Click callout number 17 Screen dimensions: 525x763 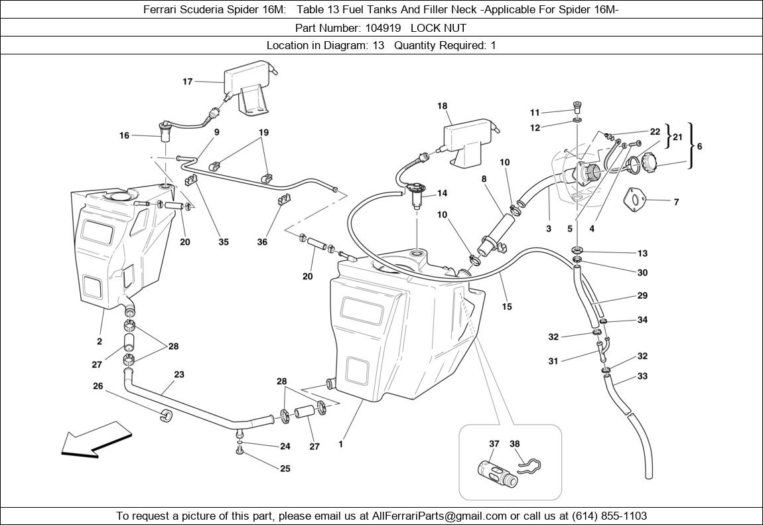pos(187,82)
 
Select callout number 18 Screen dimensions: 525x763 pos(443,106)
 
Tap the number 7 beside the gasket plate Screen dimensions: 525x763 pos(676,202)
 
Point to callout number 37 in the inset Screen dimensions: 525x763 pos(494,444)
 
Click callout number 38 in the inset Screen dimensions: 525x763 pos(515,444)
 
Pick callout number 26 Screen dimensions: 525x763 pos(98,386)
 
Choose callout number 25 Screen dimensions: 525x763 pos(285,469)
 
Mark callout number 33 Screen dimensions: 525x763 pos(642,376)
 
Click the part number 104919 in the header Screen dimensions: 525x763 pos(385,28)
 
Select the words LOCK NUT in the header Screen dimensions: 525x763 pos(439,28)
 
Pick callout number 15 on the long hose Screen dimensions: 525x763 pos(507,307)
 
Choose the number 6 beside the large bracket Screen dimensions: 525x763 pos(699,147)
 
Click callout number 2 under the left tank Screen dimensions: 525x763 pos(100,341)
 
